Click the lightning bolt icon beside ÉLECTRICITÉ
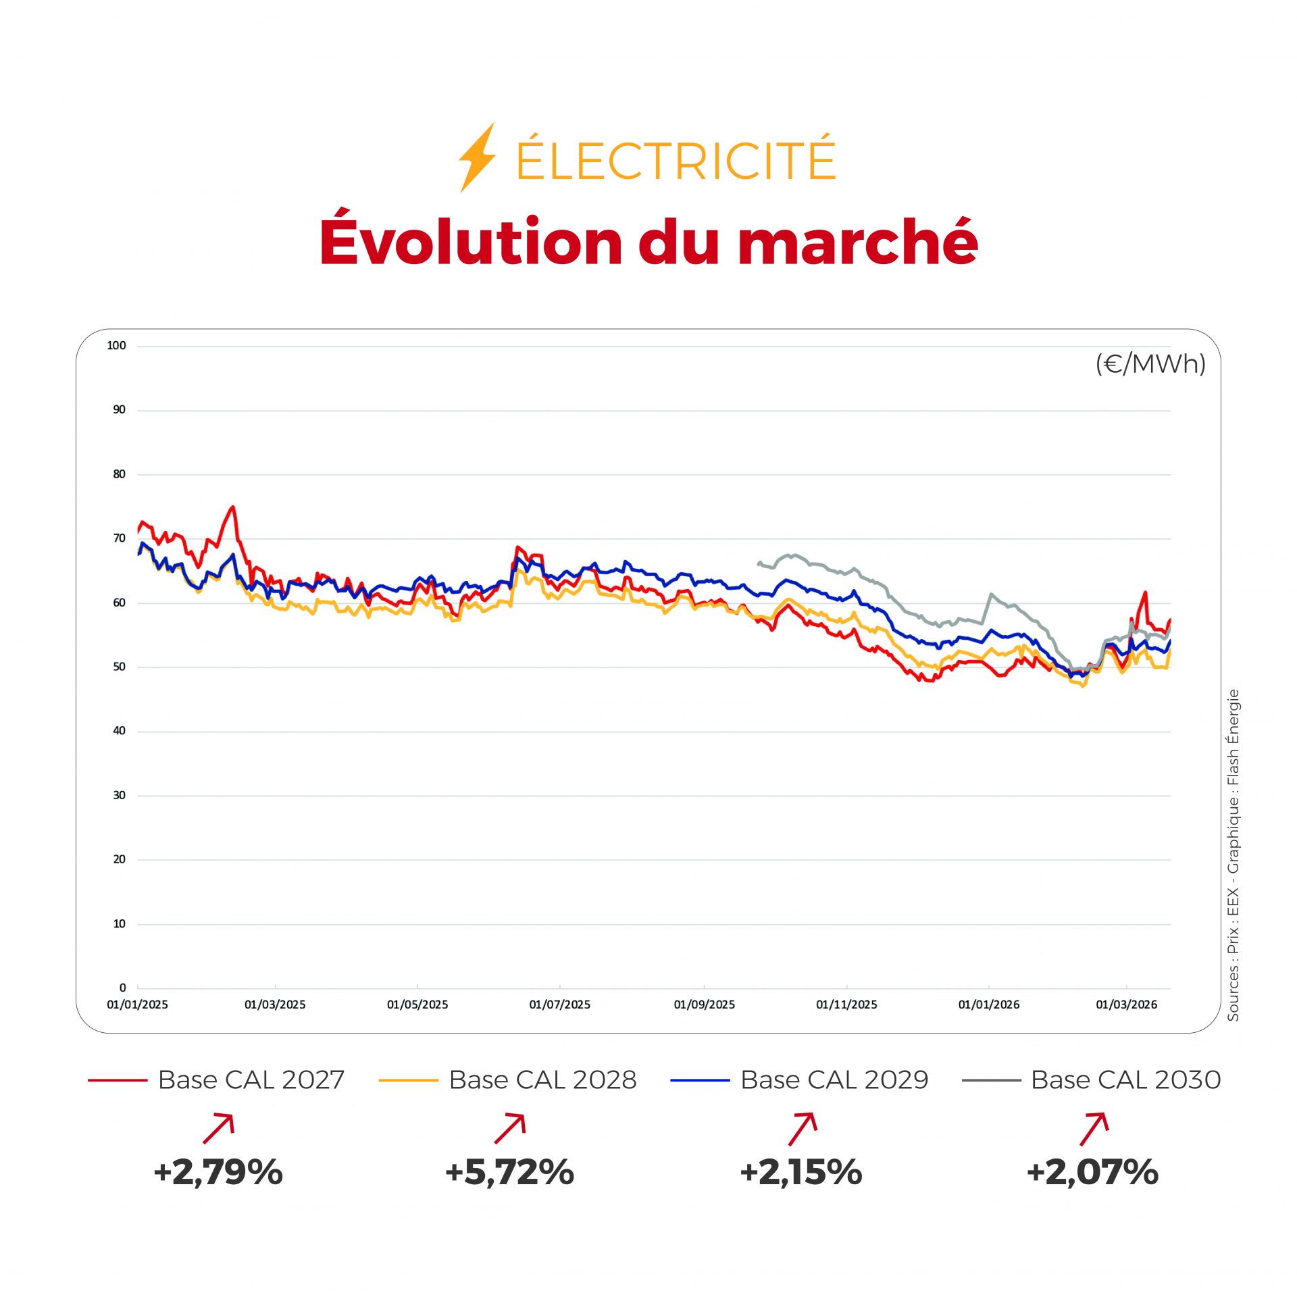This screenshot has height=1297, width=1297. tap(477, 157)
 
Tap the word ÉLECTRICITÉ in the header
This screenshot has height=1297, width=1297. tap(676, 159)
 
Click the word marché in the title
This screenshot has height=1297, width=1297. tap(858, 242)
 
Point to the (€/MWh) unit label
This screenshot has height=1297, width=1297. tap(1150, 364)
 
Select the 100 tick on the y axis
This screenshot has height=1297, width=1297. tap(116, 346)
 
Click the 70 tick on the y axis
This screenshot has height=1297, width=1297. tap(119, 538)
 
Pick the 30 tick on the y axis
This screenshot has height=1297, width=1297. tap(119, 795)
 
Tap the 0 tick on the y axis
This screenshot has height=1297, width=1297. tap(122, 988)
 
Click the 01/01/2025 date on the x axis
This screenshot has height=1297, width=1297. tap(137, 1004)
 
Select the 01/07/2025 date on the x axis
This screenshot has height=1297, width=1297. tap(559, 1004)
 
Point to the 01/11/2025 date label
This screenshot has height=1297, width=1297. tap(846, 1004)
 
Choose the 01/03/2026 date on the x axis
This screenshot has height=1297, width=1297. tap(1126, 1004)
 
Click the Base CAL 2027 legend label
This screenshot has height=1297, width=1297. tap(251, 1080)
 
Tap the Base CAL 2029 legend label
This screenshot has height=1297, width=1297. tap(834, 1080)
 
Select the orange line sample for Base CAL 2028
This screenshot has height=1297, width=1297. tap(409, 1081)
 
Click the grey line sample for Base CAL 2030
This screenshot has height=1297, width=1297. tap(991, 1081)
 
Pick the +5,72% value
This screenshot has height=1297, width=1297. tap(509, 1172)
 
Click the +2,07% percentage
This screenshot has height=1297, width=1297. tap(1092, 1172)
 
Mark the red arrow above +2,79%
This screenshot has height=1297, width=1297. tap(219, 1128)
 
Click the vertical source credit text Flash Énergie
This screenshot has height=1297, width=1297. tap(1234, 736)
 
